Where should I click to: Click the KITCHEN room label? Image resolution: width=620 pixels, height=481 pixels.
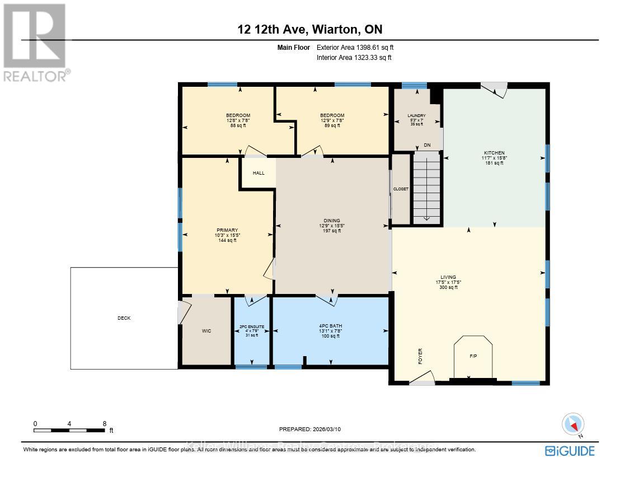coord(494,153)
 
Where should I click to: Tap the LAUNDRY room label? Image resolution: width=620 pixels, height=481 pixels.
coord(416,116)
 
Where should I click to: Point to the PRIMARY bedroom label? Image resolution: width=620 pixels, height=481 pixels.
coord(227,230)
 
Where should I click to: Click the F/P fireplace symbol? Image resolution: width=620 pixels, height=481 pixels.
coord(473,356)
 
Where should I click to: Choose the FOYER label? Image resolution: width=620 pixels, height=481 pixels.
coord(420,356)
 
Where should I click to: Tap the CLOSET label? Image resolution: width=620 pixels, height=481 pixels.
coord(401,189)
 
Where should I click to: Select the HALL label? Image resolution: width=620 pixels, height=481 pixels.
coord(259,173)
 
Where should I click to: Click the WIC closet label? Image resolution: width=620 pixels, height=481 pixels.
coord(206,331)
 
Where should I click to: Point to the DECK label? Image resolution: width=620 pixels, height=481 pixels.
coord(124,318)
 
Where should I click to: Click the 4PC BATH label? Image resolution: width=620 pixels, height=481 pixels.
coord(331,326)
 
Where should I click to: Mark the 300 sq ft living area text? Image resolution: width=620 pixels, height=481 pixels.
coord(448,287)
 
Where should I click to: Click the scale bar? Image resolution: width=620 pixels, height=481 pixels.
coord(69,430)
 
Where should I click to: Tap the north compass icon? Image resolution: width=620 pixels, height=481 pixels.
coord(574,424)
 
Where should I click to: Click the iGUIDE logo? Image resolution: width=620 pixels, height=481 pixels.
coord(570,451)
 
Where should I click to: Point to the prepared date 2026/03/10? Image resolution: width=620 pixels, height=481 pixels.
coord(309,429)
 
